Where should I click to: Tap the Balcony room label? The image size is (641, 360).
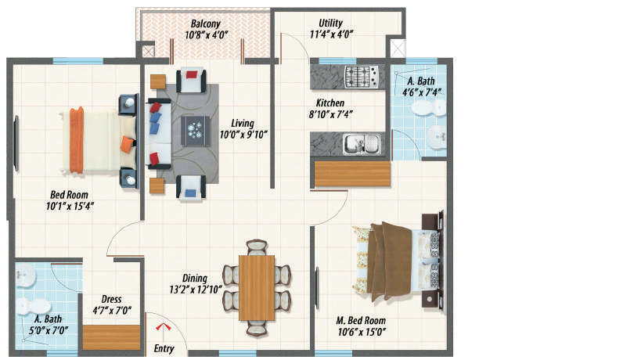tap(206, 23)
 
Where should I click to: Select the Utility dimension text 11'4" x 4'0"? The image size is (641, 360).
tap(331, 34)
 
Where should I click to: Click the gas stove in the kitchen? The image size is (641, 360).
tap(362, 77)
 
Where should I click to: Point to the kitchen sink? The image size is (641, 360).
tap(362, 144)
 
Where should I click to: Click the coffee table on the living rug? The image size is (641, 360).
tap(196, 131)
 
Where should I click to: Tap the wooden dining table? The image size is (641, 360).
tap(257, 288)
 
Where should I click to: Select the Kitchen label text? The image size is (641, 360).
tap(330, 103)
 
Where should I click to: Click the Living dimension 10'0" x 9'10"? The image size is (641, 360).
tap(243, 135)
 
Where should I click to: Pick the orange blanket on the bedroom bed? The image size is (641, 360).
tap(77, 140)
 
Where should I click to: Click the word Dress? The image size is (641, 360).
tap(111, 299)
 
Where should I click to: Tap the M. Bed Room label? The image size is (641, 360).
tap(361, 320)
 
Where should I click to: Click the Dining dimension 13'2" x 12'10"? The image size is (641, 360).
tap(196, 290)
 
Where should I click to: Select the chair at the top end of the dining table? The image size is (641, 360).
tap(257, 247)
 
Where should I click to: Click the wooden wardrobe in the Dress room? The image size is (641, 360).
tap(112, 337)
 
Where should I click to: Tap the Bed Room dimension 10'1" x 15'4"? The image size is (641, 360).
tap(70, 207)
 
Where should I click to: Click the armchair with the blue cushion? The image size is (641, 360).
tap(191, 188)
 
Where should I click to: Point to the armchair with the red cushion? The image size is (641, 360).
tap(191, 80)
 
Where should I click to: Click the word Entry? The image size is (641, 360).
tap(164, 348)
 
